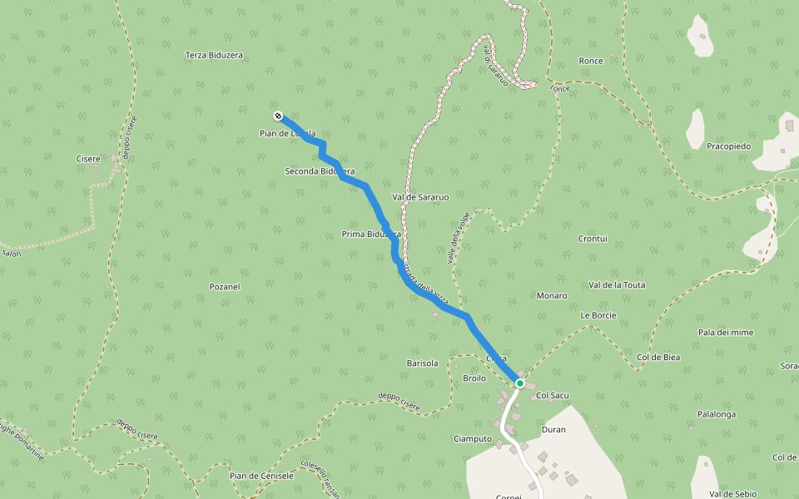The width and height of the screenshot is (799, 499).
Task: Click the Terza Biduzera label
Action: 214,56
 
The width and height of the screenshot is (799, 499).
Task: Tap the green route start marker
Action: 519,383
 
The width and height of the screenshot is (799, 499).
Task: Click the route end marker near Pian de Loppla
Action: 277,116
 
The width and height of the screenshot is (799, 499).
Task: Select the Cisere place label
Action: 87,159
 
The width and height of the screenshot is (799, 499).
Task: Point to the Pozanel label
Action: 224,287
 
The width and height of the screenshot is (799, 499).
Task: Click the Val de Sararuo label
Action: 420,197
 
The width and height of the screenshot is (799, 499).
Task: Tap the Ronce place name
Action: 590,61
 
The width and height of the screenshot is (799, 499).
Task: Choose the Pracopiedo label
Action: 728,146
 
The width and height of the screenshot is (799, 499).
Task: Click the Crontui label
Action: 593,239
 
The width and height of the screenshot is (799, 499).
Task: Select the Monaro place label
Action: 552,295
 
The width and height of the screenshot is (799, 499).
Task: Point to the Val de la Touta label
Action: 617,284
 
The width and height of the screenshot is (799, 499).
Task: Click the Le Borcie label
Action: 598,316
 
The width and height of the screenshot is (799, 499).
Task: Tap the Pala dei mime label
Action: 726,333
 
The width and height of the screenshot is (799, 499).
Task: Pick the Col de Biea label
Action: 658,358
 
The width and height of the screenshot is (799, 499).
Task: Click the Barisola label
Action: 422,363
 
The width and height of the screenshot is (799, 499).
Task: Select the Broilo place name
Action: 474,378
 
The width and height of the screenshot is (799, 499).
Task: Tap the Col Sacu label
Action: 551,395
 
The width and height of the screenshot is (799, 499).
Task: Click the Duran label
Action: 553,430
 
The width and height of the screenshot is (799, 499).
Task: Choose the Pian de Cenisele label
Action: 261,476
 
